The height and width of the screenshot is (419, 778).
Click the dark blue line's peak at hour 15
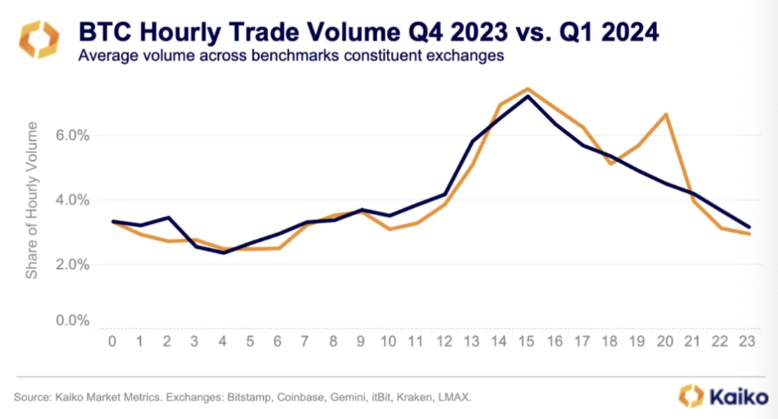tap(528, 96)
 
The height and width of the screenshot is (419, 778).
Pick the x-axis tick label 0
tap(112, 342)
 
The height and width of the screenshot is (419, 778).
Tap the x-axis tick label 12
tap(444, 342)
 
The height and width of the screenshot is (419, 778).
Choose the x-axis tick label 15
tap(528, 342)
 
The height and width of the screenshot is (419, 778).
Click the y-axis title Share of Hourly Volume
tap(32, 200)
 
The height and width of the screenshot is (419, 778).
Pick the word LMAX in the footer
tap(453, 395)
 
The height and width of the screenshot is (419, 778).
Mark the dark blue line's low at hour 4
tap(222, 252)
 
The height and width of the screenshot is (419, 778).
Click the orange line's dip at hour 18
tap(611, 164)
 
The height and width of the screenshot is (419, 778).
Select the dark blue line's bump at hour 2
tap(167, 217)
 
